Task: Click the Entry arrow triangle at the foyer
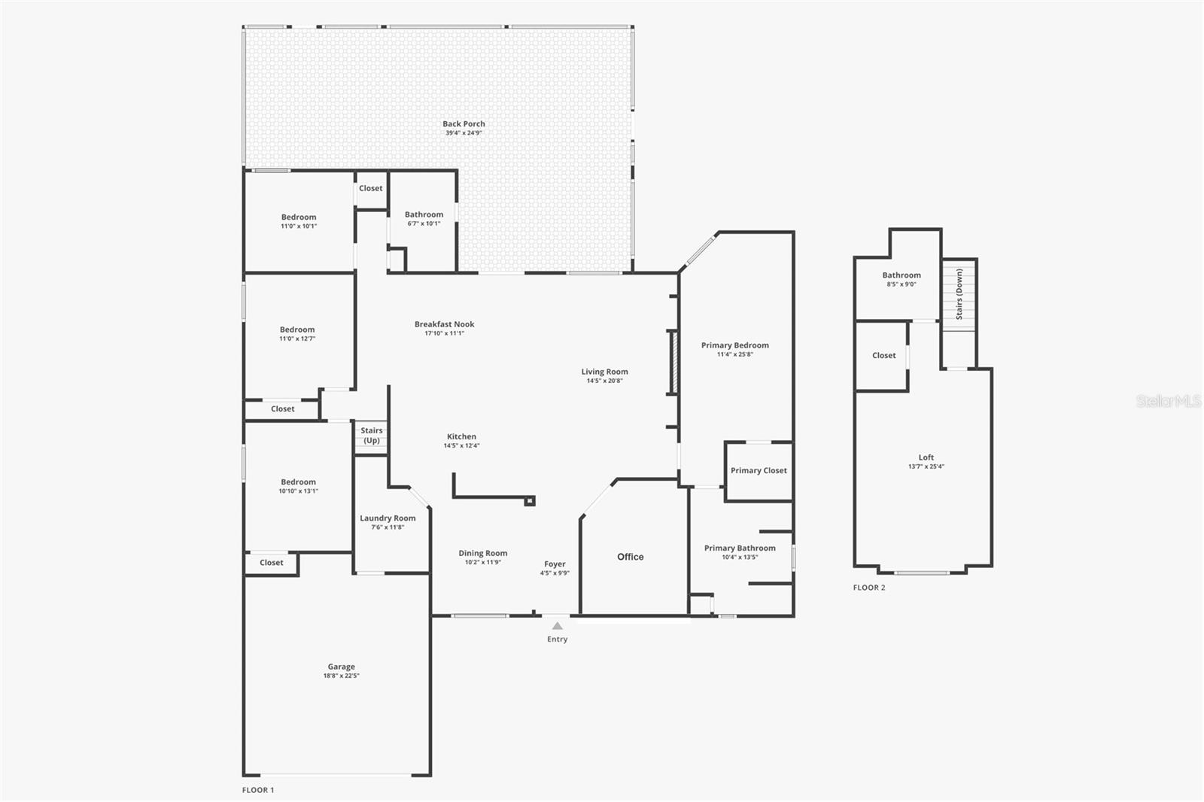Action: pyautogui.click(x=557, y=625)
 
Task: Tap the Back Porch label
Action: pyautogui.click(x=464, y=124)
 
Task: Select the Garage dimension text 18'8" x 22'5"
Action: pyautogui.click(x=341, y=676)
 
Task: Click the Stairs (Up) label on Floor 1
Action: pyautogui.click(x=371, y=436)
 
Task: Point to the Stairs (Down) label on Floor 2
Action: pyautogui.click(x=959, y=294)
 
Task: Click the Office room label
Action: pyautogui.click(x=631, y=557)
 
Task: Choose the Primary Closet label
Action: pyautogui.click(x=759, y=471)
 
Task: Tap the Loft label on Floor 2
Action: pyautogui.click(x=926, y=457)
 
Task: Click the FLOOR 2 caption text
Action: pyautogui.click(x=869, y=588)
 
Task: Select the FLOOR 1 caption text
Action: pyautogui.click(x=258, y=790)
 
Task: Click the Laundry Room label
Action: pyautogui.click(x=388, y=518)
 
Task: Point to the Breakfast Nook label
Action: pyautogui.click(x=444, y=324)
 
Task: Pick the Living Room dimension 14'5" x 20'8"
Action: pyautogui.click(x=604, y=381)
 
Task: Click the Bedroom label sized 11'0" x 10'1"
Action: pyautogui.click(x=299, y=217)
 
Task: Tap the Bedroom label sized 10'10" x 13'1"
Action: pyautogui.click(x=299, y=482)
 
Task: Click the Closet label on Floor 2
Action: pyautogui.click(x=884, y=355)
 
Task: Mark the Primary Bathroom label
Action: pyautogui.click(x=740, y=548)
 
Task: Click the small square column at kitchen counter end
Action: pyautogui.click(x=530, y=500)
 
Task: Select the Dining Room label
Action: pyautogui.click(x=483, y=553)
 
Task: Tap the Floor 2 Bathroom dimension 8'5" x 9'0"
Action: pyautogui.click(x=901, y=284)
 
